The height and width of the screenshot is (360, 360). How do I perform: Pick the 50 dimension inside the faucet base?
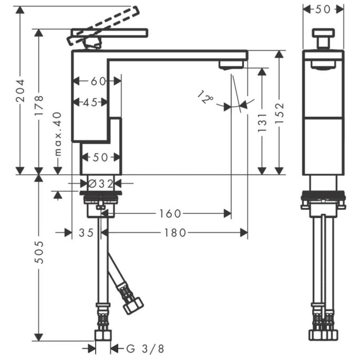[100, 157]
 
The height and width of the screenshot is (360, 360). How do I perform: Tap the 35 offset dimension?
[86, 233]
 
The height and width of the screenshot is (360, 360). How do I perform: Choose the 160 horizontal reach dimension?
[170, 213]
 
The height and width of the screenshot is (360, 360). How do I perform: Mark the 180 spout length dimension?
[175, 233]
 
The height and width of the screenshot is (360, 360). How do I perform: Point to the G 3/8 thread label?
[139, 348]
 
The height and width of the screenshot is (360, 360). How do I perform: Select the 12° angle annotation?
[206, 97]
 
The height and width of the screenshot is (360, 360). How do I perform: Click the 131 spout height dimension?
[262, 123]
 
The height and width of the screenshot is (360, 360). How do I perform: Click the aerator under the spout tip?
[231, 65]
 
